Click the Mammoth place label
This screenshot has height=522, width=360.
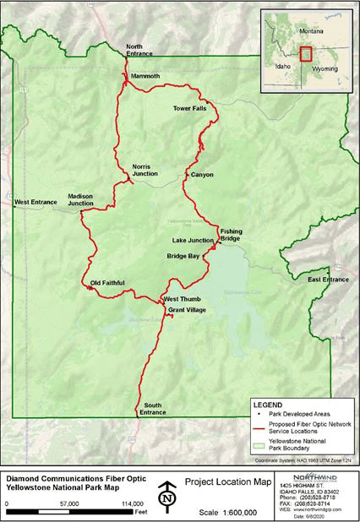[x=145, y=75]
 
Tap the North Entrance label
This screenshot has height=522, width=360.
[x=140, y=49]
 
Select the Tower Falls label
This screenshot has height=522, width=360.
[x=189, y=108]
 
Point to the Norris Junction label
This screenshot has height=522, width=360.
[x=145, y=170]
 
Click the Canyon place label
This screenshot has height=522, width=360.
[x=202, y=175]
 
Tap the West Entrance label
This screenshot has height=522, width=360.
[x=35, y=202]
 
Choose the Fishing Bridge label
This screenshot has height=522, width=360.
[x=232, y=234]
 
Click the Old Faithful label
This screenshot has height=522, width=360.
[x=108, y=283]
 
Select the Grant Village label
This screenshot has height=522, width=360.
[x=187, y=310]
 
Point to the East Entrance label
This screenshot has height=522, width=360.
[x=328, y=279]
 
